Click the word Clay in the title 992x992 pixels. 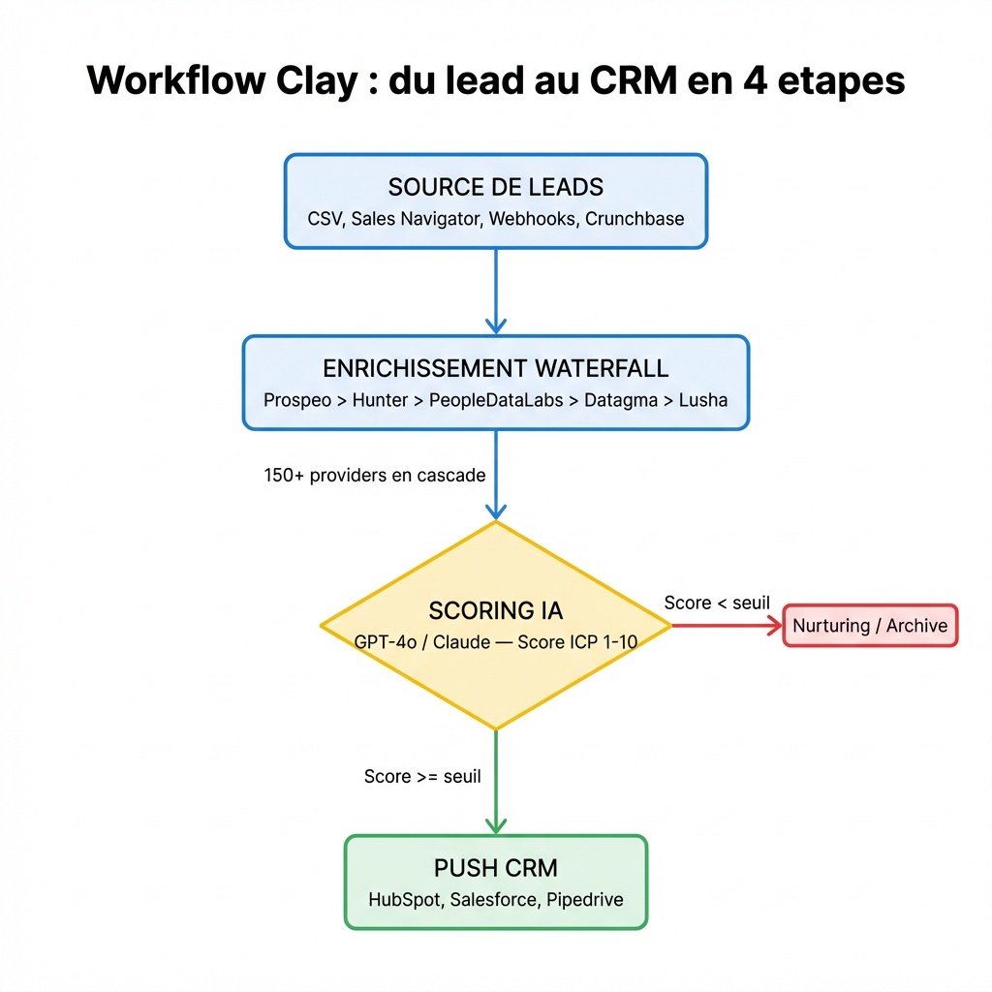tap(322, 80)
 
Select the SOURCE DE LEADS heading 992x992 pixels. tap(495, 187)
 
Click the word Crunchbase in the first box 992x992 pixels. tap(635, 219)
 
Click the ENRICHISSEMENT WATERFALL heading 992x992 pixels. tap(495, 368)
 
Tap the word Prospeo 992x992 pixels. tap(297, 399)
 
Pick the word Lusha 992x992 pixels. tap(702, 399)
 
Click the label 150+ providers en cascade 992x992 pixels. tap(374, 476)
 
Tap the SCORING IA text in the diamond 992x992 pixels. tap(495, 610)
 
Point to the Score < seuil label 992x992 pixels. tap(717, 603)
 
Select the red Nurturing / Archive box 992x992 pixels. tap(870, 626)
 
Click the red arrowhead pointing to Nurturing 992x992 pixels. tap(775, 626)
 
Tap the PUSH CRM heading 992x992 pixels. tap(495, 867)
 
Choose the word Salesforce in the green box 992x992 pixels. tap(493, 899)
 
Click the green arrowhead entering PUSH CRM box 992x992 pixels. tap(495, 825)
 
